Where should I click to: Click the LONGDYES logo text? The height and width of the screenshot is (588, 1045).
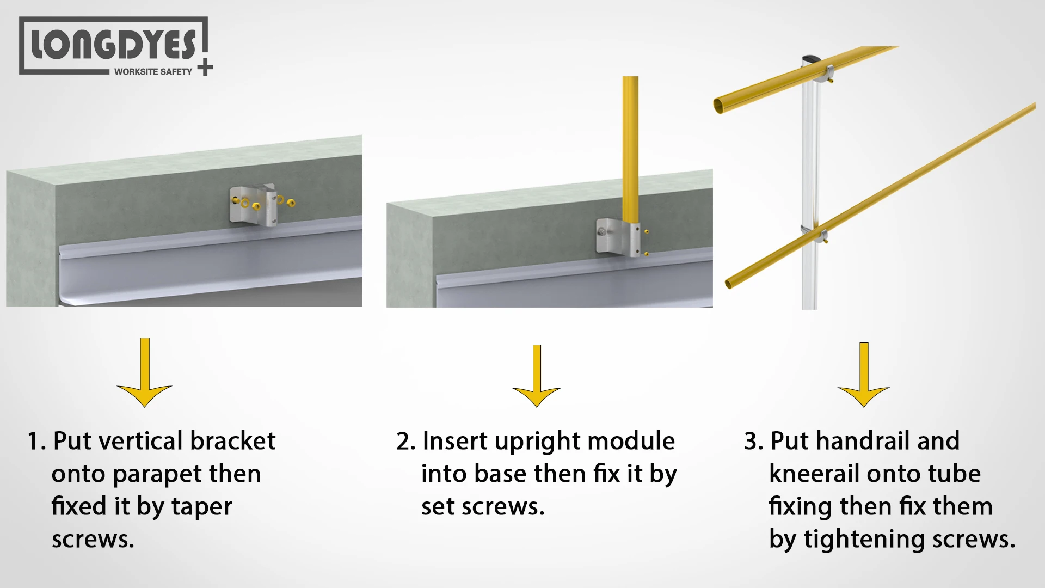pyautogui.click(x=113, y=45)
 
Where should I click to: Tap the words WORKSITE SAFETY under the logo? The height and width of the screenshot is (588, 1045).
pyautogui.click(x=153, y=71)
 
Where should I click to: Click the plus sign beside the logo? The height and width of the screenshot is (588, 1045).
pyautogui.click(x=205, y=68)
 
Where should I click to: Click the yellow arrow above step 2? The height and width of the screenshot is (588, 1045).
pyautogui.click(x=537, y=378)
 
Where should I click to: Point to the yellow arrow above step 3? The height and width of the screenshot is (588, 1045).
pyautogui.click(x=864, y=377)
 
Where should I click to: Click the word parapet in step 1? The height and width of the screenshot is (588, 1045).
pyautogui.click(x=157, y=474)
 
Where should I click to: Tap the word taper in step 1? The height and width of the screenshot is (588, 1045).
pyautogui.click(x=201, y=506)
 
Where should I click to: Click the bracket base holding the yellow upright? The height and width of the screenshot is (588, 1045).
pyautogui.click(x=618, y=237)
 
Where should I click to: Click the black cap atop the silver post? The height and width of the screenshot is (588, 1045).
pyautogui.click(x=810, y=58)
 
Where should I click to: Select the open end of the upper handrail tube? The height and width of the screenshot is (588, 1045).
pyautogui.click(x=719, y=106)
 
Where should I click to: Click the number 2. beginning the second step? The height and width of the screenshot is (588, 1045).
pyautogui.click(x=405, y=442)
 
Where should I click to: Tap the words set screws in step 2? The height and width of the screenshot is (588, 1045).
pyautogui.click(x=482, y=507)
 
